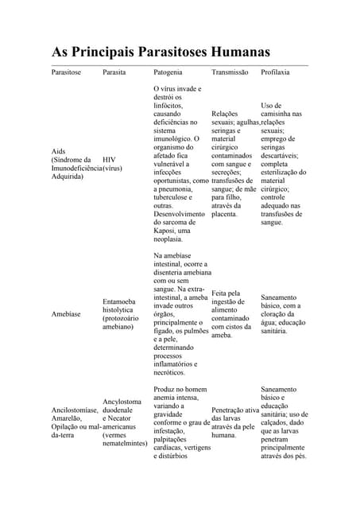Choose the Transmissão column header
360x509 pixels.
coord(230,72)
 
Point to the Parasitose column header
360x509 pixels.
coord(66,72)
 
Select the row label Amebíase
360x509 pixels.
coord(67,314)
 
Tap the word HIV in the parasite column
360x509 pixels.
coord(110,159)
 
